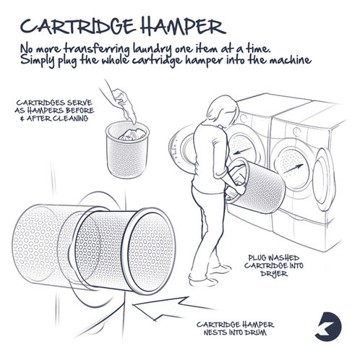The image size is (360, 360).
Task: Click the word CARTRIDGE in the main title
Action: (x=77, y=26)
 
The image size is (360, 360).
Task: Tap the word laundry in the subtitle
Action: (x=153, y=50)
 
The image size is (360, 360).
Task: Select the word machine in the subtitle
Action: (x=290, y=59)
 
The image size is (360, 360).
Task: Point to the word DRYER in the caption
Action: (x=274, y=274)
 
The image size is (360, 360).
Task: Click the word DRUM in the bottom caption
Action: (x=255, y=333)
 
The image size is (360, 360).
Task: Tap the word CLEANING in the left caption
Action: (x=70, y=119)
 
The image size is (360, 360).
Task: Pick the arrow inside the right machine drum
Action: (x=293, y=168)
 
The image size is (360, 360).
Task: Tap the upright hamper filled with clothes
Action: (x=127, y=150)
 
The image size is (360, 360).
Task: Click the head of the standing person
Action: (x=223, y=111)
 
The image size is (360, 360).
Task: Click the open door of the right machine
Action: (x=325, y=179)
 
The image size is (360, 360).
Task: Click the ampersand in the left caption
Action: (x=22, y=119)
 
